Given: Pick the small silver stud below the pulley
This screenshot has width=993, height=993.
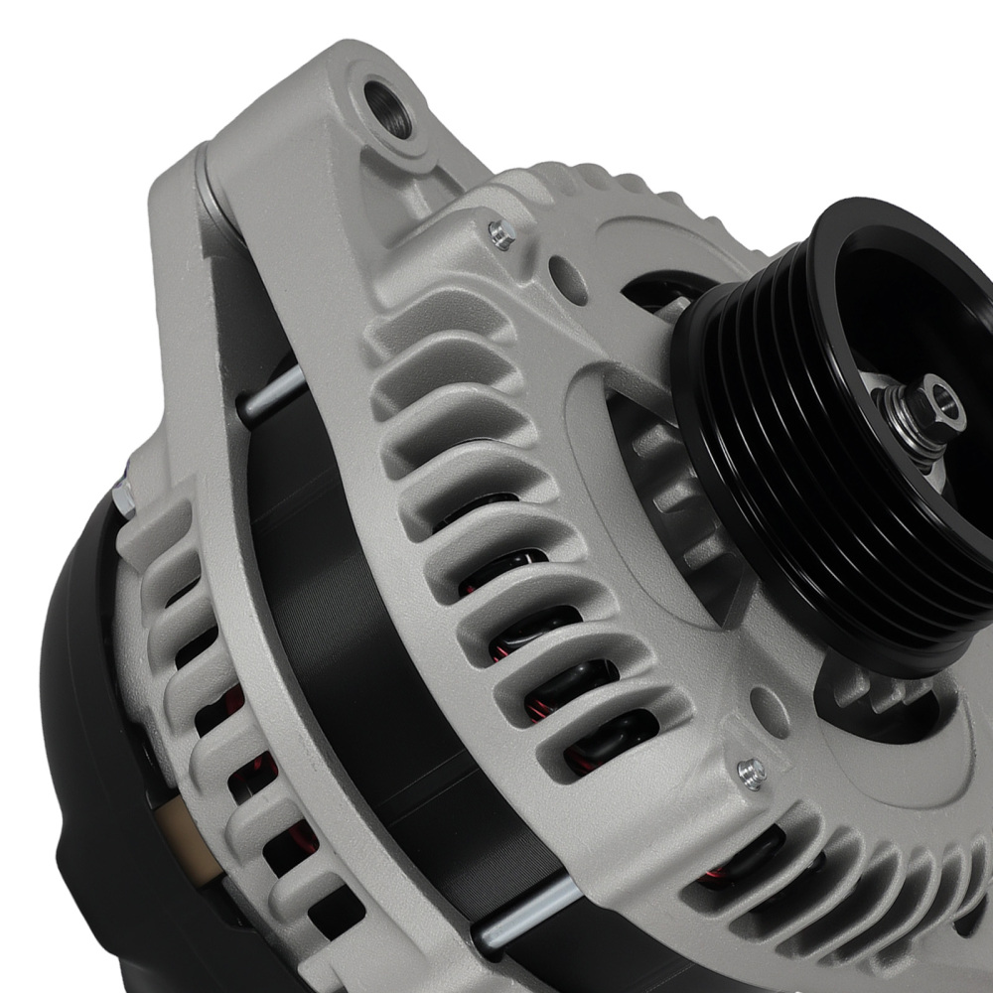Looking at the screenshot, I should point(752,770).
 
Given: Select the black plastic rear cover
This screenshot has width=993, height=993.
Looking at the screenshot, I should point(89,755).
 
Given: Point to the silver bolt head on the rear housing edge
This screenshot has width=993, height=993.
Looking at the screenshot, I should point(123,496).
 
